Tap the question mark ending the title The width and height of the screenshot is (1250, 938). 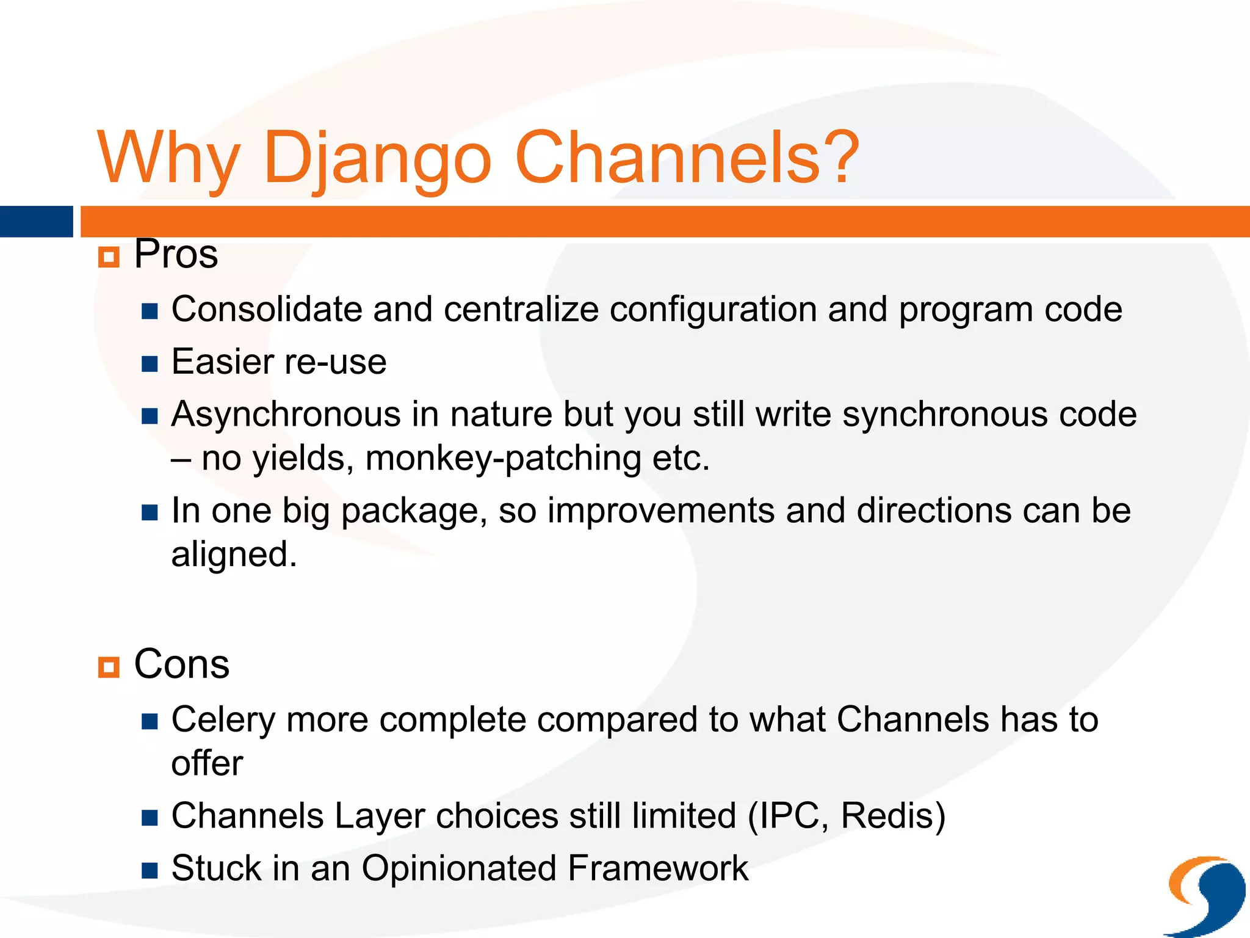click(x=841, y=158)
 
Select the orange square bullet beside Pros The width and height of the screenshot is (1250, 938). click(x=109, y=257)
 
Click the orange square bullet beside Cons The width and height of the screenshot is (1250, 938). click(x=109, y=667)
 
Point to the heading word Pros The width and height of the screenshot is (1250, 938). click(x=176, y=254)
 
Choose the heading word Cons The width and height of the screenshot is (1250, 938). click(x=181, y=664)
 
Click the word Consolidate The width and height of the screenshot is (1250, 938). click(x=266, y=309)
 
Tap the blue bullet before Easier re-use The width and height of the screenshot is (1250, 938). click(x=150, y=365)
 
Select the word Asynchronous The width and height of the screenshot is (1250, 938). click(x=286, y=414)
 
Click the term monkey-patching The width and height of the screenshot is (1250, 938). click(x=503, y=458)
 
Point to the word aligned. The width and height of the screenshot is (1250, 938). click(x=233, y=554)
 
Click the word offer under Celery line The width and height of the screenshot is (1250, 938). click(x=207, y=763)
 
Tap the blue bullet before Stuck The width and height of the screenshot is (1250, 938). click(x=150, y=870)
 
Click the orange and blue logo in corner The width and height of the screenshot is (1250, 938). click(x=1205, y=895)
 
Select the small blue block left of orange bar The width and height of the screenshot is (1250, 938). click(x=36, y=222)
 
